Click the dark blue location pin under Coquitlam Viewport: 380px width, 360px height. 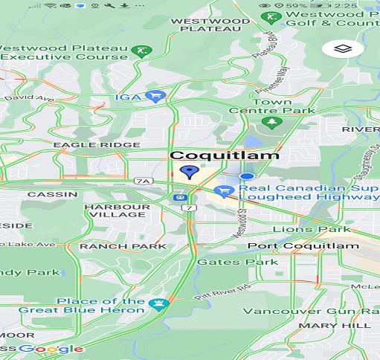(x=190, y=173)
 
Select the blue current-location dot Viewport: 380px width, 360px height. (x=248, y=176)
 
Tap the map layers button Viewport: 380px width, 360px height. (x=342, y=49)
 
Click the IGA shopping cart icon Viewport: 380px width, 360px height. (x=155, y=97)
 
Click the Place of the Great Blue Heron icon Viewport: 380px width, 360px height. (x=158, y=303)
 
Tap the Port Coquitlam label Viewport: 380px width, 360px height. (x=303, y=246)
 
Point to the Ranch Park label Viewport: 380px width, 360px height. (x=113, y=246)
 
